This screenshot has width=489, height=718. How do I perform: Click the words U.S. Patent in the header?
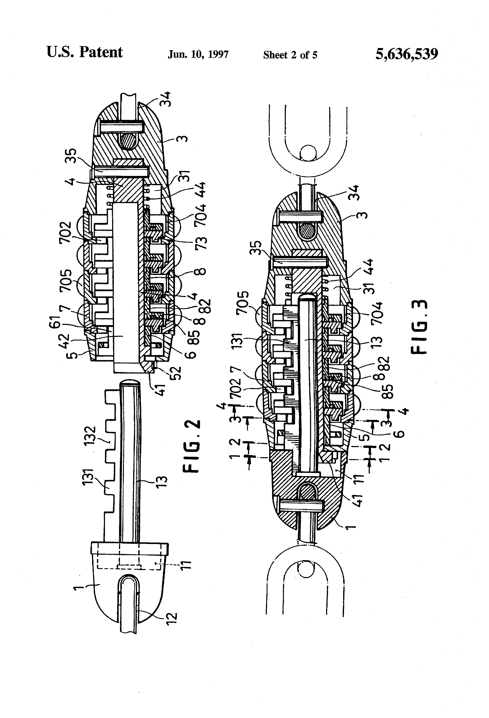coord(84,52)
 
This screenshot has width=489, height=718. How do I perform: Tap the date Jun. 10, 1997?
coord(198,55)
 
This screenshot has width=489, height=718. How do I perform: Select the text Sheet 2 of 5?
coord(290,55)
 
